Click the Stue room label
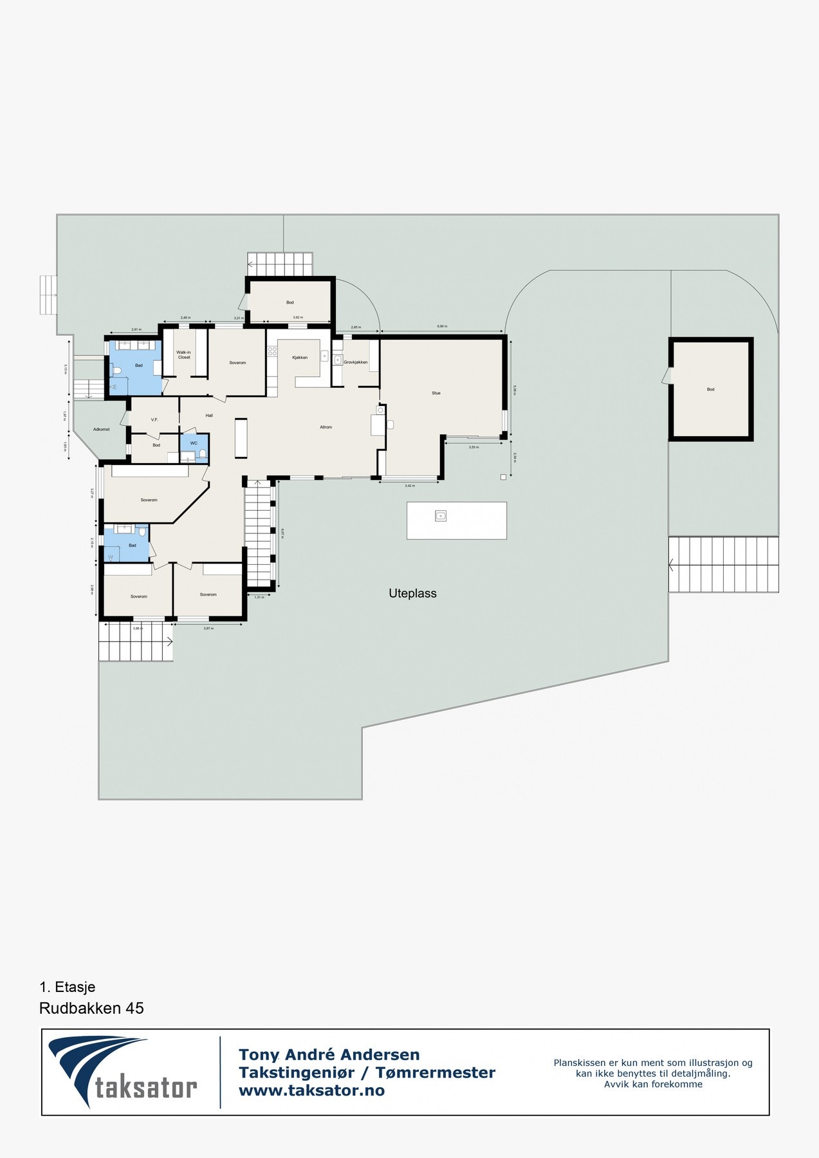click(436, 393)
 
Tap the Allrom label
click(326, 427)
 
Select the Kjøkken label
click(300, 358)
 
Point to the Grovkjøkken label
click(356, 362)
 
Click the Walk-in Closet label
click(184, 354)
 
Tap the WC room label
click(194, 443)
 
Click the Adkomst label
click(102, 429)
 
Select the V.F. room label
click(154, 420)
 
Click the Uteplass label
click(412, 593)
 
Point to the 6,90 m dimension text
click(442, 327)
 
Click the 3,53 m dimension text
click(474, 447)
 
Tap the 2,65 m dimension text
click(356, 327)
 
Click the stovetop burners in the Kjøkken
click(272, 351)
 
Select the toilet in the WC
click(203, 455)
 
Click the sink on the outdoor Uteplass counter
click(441, 515)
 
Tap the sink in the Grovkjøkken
click(338, 360)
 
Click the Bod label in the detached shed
click(711, 389)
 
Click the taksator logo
click(123, 1071)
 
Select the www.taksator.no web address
click(311, 1090)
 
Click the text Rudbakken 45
click(91, 1008)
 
